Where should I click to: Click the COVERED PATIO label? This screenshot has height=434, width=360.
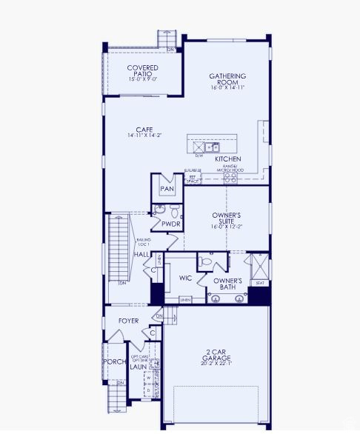tap(142, 71)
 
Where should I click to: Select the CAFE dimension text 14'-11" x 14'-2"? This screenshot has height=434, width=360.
tap(144, 136)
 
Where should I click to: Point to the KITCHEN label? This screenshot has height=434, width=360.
tap(227, 159)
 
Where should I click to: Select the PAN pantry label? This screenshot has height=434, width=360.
tap(167, 189)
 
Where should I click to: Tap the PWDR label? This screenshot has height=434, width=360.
tap(171, 224)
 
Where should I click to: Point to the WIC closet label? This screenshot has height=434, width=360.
tap(185, 278)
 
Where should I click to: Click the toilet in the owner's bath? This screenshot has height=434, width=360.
tap(204, 261)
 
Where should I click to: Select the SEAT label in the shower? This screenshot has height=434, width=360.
tap(259, 283)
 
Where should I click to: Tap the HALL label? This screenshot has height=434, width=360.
tap(141, 255)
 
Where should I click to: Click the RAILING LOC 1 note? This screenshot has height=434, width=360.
tap(143, 242)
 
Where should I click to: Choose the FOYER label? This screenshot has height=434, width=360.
tap(128, 321)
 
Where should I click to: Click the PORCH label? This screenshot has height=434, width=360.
tap(114, 361)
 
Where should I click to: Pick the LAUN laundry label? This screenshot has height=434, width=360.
tap(138, 366)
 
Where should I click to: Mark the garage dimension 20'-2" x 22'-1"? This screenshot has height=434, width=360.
tap(216, 363)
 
